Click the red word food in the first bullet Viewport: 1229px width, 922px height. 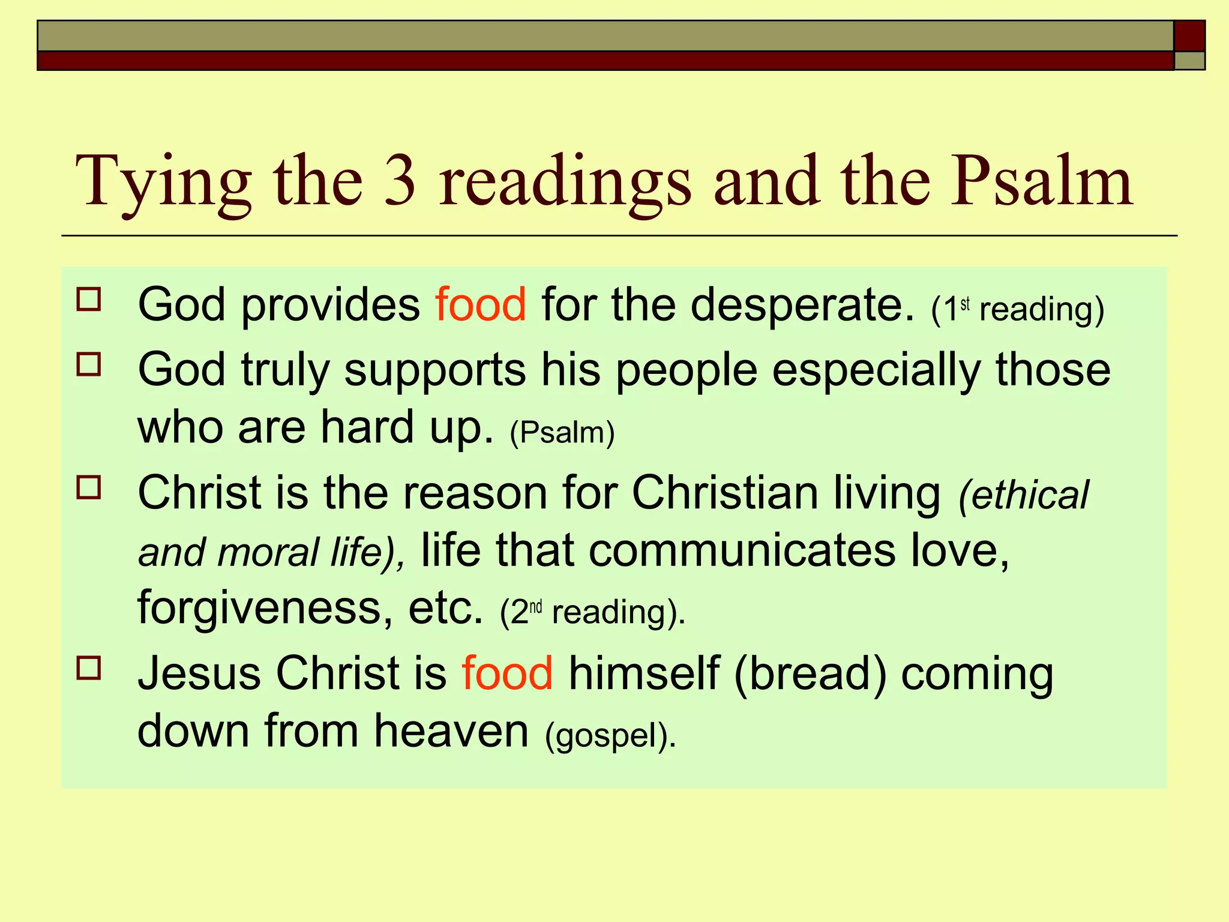pos(481,305)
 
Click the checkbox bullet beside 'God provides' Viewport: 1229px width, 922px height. pos(89,299)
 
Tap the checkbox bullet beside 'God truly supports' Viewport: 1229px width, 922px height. pos(89,364)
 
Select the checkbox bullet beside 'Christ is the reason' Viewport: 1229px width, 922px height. pos(89,487)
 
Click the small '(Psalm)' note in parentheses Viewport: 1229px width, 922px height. pos(562,432)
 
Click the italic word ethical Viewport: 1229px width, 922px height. pos(1030,495)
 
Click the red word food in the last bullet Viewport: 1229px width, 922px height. pos(507,673)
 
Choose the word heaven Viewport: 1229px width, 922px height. pos(451,731)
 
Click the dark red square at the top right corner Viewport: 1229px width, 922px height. pos(1189,36)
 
